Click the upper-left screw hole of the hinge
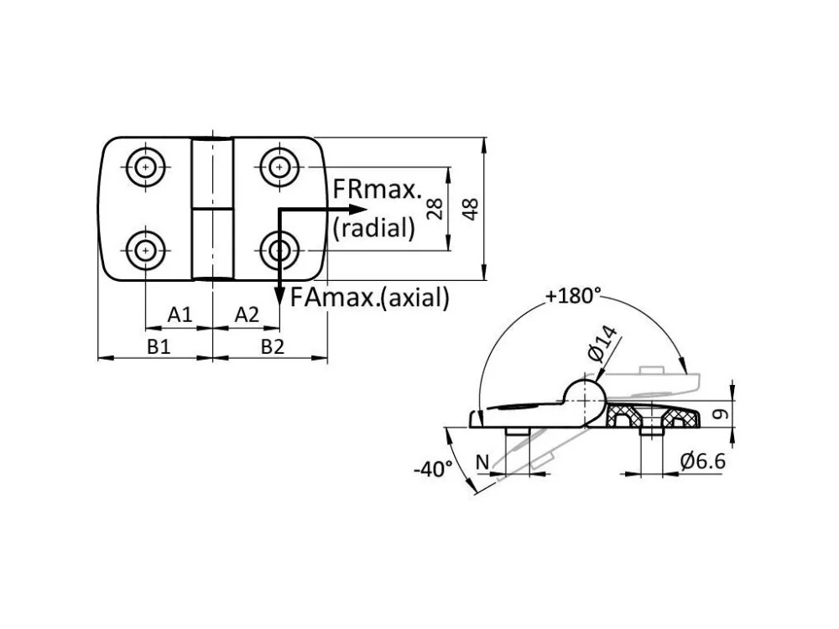(x=145, y=168)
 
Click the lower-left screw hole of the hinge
(x=145, y=250)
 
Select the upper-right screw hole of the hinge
(x=279, y=168)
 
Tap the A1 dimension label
(x=180, y=314)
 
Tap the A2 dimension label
(x=247, y=314)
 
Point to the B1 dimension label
(x=159, y=346)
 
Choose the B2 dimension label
(x=273, y=346)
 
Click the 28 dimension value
(x=435, y=209)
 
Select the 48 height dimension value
(x=471, y=209)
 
